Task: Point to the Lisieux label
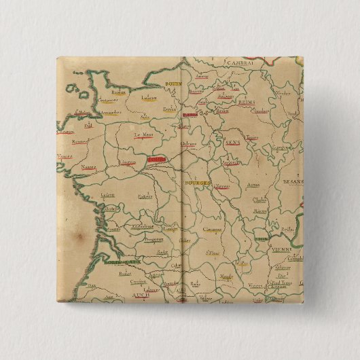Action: (x=149, y=98)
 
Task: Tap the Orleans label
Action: (x=188, y=144)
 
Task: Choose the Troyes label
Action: (x=251, y=137)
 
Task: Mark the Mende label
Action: (x=228, y=277)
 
